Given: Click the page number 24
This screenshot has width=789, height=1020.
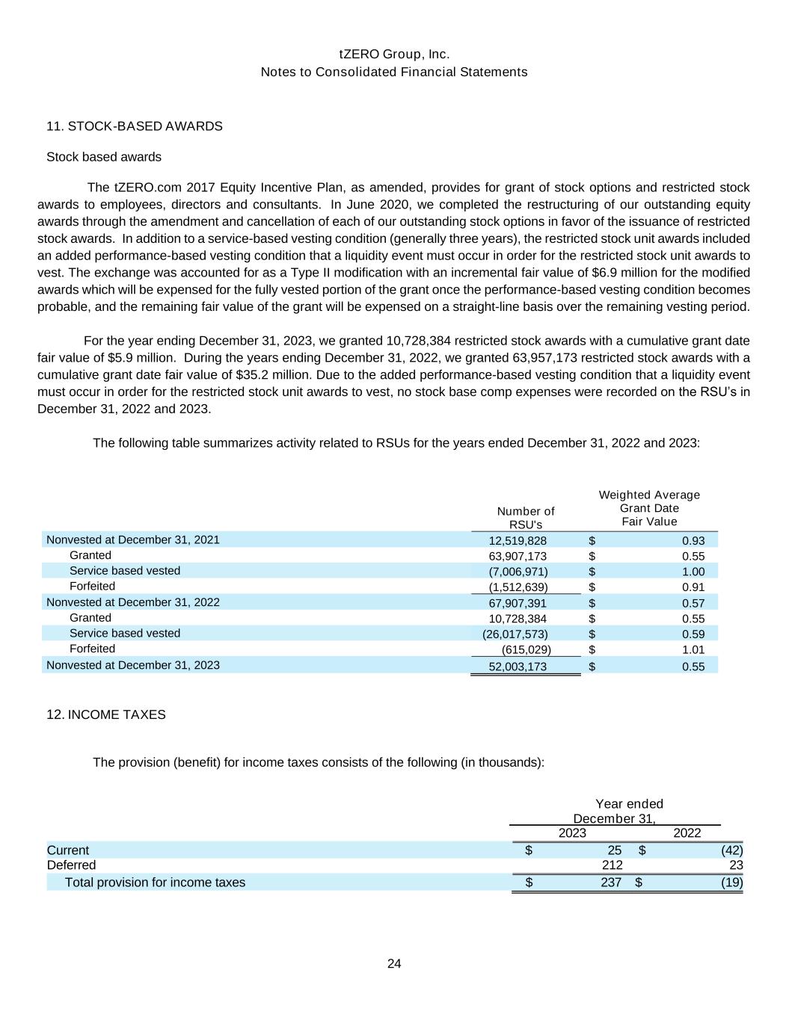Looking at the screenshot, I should coord(394,964).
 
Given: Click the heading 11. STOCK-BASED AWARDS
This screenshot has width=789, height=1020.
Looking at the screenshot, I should coord(135,126).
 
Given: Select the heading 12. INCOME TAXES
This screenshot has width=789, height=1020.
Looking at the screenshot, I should coord(106,714).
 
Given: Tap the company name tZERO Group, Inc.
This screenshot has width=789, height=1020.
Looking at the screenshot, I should coord(394,55).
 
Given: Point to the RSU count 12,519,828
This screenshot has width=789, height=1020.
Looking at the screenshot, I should coord(518,541).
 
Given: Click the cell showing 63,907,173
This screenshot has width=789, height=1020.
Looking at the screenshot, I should coord(518,556).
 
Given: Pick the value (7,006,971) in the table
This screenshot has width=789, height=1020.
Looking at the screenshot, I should coord(518,572).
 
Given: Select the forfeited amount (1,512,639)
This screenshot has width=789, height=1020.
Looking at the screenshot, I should coord(518,587).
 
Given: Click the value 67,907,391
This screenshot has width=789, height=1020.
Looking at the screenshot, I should coord(518,603).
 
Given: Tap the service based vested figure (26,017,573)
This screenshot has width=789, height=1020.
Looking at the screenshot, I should coord(515,634).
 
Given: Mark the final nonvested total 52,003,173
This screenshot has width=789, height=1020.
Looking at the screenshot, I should coord(518,667).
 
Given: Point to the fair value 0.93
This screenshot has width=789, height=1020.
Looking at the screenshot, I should coord(693,541).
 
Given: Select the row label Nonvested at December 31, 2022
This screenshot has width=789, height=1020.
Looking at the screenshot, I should coord(133,602).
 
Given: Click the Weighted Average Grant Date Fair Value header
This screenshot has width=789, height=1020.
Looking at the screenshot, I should coord(649,508).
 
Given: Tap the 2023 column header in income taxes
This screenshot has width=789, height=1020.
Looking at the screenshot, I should coord(573,833).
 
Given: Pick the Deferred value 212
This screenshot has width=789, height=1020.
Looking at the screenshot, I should coord(612,865).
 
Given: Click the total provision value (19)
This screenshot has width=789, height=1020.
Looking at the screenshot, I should coord(732,883).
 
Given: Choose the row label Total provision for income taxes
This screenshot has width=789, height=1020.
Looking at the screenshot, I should coord(155,883).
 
